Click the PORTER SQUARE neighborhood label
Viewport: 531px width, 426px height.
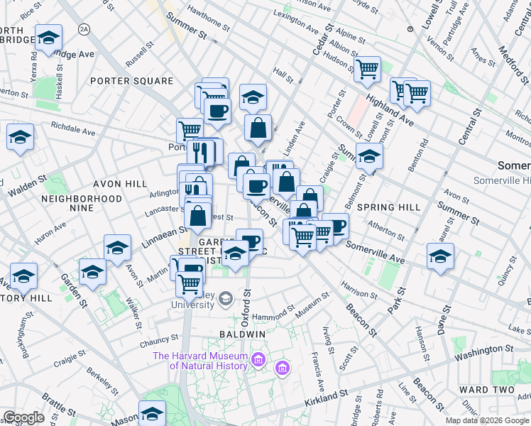click(x=131, y=81)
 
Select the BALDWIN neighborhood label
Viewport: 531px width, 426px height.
click(x=242, y=334)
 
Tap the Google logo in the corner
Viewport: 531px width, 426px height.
click(x=23, y=417)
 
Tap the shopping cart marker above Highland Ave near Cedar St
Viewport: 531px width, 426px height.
click(x=367, y=70)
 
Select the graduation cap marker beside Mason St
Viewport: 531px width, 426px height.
click(x=152, y=413)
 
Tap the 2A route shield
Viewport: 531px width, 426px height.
click(x=85, y=28)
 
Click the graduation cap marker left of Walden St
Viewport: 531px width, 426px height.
click(x=20, y=137)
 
